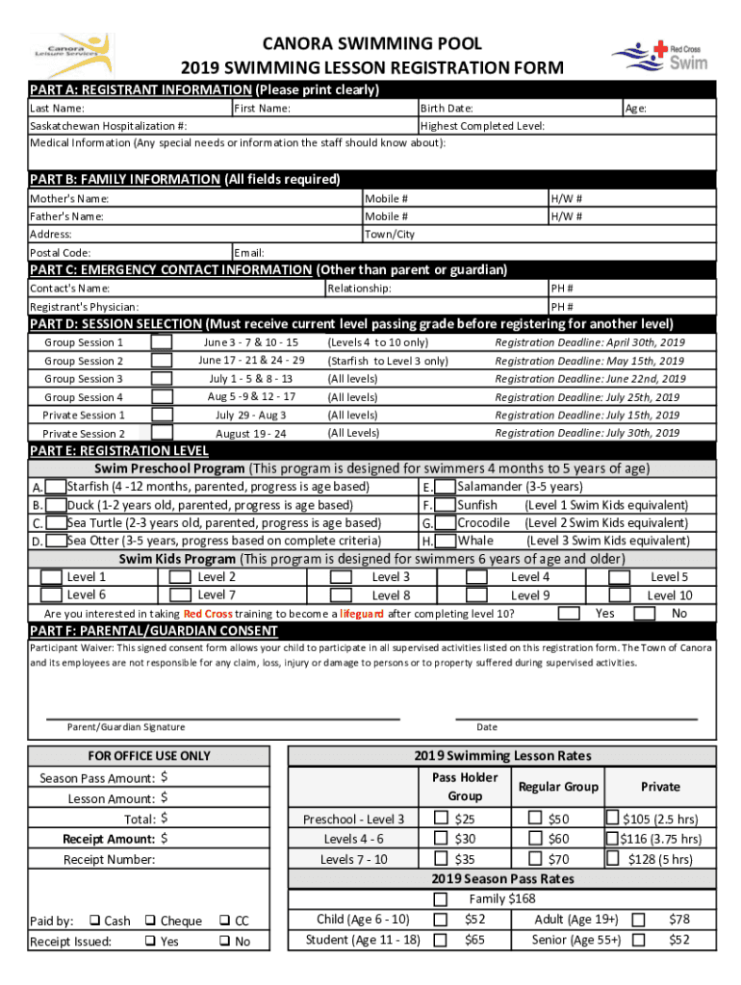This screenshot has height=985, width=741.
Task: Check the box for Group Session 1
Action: point(163,342)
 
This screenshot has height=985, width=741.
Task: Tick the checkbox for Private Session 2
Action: point(163,434)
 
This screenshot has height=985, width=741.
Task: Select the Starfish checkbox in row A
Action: point(57,487)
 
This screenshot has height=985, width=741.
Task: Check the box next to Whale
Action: point(446,541)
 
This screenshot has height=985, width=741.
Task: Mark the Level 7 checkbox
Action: point(179,595)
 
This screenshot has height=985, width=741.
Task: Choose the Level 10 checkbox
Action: point(620,595)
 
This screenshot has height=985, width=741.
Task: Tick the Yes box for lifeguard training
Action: point(570,613)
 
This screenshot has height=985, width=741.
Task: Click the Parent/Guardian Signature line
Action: point(223,717)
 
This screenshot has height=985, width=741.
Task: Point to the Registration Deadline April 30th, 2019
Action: point(589,342)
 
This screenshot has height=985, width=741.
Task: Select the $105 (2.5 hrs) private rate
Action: point(612,819)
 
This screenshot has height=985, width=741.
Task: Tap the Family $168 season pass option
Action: point(441,898)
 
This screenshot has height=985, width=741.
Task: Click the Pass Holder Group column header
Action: point(465,787)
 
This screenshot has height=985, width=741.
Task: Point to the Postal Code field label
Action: point(61,253)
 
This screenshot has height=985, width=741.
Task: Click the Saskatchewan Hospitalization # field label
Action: point(109,126)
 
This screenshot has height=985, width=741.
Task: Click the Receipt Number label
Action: point(109,859)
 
